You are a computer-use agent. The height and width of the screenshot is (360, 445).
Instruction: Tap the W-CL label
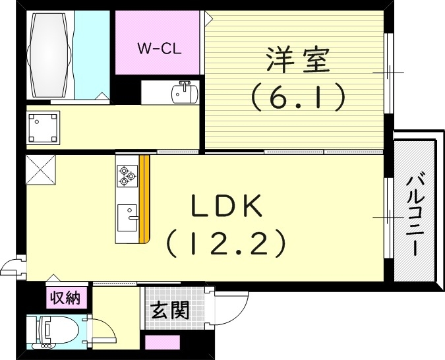pyautogui.click(x=159, y=48)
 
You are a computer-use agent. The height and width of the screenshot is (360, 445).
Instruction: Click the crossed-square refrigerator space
pyautogui.click(x=41, y=171)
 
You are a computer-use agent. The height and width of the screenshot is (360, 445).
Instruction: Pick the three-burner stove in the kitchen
pyautogui.click(x=127, y=174)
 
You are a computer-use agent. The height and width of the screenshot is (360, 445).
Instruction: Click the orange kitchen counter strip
pyautogui.click(x=145, y=198)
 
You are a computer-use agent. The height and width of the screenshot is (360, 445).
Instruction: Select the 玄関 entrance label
pyautogui.click(x=170, y=310)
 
